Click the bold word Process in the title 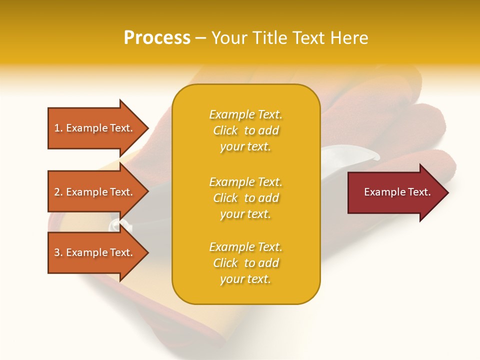tap(157, 38)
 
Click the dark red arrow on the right tap(395, 192)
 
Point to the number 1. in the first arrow tap(58, 128)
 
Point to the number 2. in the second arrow tap(58, 192)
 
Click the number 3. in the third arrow tap(58, 252)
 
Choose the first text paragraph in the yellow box tap(245, 130)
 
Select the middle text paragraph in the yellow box tap(245, 198)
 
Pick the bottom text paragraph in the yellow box tap(245, 263)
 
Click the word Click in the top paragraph tap(225, 130)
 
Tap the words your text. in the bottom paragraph tap(245, 279)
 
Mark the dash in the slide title tap(200, 38)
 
